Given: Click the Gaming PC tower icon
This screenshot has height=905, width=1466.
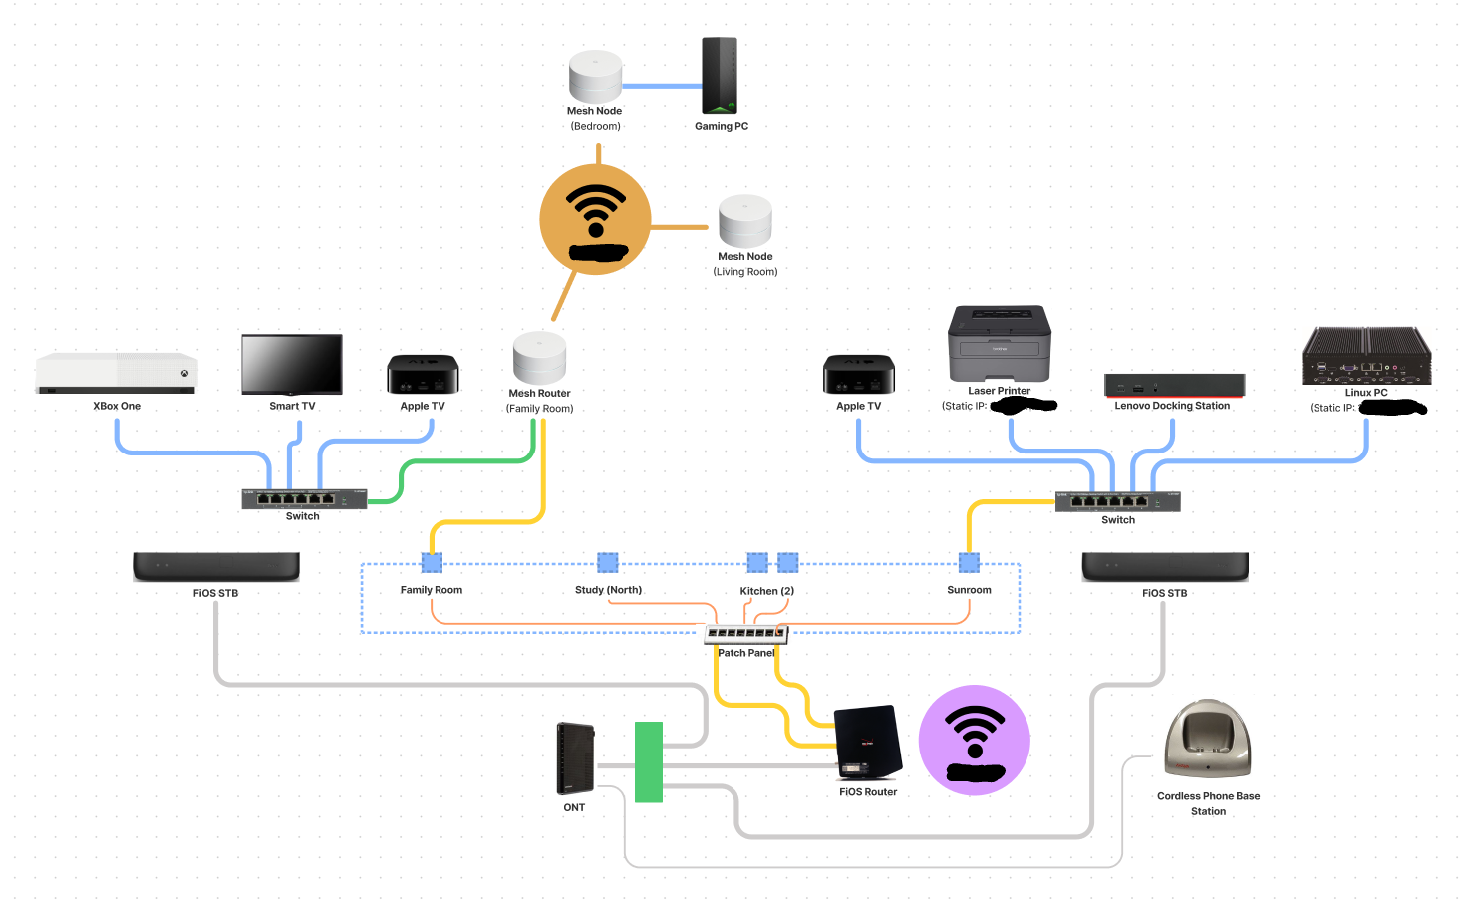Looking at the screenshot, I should point(720,76).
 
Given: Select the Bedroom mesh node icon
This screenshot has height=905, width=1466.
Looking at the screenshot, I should point(595,76).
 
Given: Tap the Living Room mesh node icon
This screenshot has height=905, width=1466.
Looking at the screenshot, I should point(745,221).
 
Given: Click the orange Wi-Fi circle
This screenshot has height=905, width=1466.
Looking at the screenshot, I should point(595,220).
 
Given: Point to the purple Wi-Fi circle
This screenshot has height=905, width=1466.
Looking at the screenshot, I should point(974,741).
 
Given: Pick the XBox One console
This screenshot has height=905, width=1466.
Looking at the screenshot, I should point(117,374).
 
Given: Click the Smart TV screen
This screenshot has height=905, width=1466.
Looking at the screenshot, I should point(292,364).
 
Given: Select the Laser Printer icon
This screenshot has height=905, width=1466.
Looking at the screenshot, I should point(1000,343).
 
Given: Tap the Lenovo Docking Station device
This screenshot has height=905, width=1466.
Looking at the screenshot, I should point(1174,385).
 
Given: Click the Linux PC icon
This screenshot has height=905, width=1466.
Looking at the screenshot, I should point(1366,356).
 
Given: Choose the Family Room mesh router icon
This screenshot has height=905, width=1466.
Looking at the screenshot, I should point(539,358).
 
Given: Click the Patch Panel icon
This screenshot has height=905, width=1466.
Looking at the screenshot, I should point(745,633).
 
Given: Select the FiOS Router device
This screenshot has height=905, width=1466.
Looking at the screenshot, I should point(867,744).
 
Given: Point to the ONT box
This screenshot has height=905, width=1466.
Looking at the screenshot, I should point(575,758).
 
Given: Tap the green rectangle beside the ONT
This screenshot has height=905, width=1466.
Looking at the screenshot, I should point(649,762).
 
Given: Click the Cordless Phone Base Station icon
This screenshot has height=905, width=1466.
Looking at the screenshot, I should point(1207,739).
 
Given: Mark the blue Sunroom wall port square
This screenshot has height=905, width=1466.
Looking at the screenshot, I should point(969,563).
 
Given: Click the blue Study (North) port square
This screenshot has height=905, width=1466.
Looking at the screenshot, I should point(608,563).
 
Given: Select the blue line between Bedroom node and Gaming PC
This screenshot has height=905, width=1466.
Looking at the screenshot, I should point(662,87).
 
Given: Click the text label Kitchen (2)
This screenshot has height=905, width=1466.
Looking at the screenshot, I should point(766,591).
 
